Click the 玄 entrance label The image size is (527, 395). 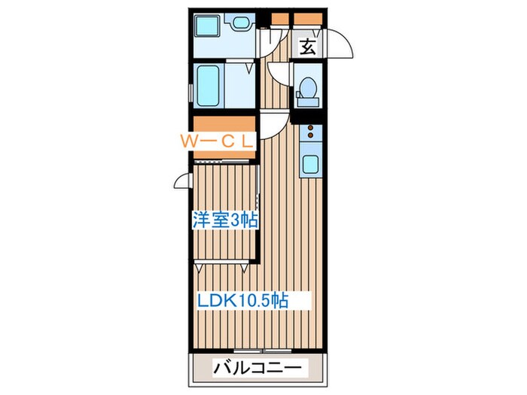(x=308, y=47)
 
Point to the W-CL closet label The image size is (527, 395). (x=218, y=140)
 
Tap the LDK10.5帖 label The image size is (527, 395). (x=242, y=300)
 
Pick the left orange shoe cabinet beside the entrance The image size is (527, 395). (x=280, y=19)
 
